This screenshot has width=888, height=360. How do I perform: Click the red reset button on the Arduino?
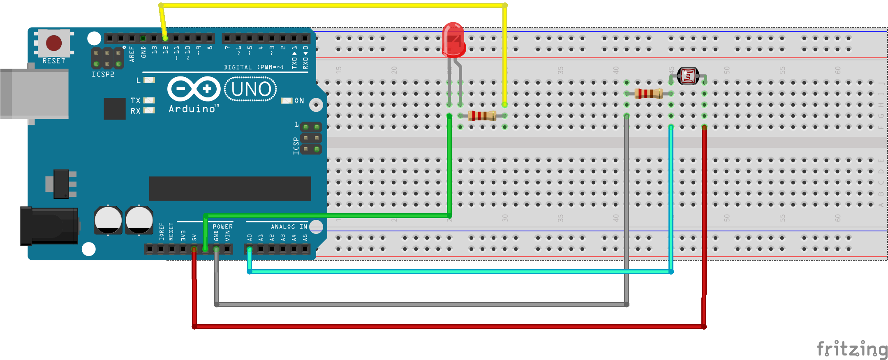coord(54,43)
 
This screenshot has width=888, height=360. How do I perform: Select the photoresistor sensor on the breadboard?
coord(688,76)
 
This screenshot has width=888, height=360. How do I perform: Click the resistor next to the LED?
coord(482,116)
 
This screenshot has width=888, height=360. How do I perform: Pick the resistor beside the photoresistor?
coord(648,94)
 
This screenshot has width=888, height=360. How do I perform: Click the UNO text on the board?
coord(251,89)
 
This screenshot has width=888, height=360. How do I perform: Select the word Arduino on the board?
coord(192,109)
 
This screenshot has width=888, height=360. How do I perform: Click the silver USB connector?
coord(35,94)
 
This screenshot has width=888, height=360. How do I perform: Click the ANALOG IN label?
coord(289,227)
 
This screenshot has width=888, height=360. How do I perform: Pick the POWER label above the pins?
coord(222,227)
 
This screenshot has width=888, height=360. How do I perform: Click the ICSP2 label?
coord(103,74)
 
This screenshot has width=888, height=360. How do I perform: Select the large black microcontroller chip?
coord(230,189)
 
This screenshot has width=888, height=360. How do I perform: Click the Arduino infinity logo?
coord(194,89)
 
